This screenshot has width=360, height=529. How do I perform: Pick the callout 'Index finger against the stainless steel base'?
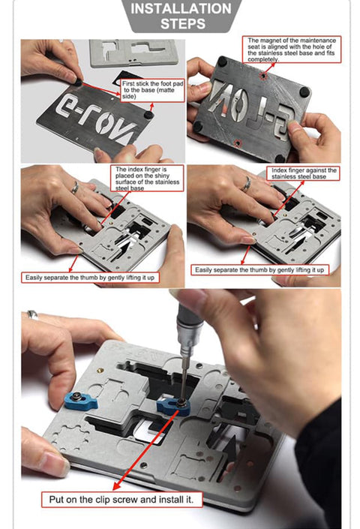pyautogui.click(x=303, y=174)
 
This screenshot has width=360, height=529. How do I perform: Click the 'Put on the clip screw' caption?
pyautogui.click(x=121, y=498)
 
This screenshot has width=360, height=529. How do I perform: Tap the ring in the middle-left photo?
pyautogui.click(x=73, y=188)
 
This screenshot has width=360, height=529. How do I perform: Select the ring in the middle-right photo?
pyautogui.click(x=246, y=185)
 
